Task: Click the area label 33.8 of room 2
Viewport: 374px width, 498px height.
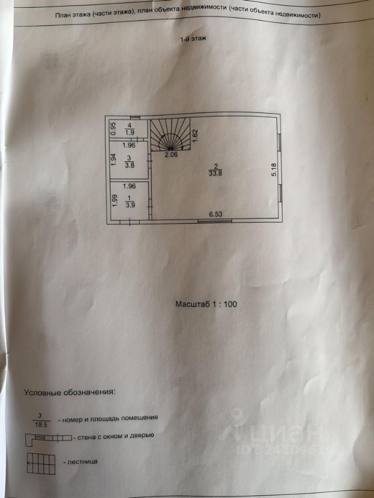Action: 213,174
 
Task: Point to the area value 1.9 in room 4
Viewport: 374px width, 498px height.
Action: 131,132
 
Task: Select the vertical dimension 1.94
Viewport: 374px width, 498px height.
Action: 113,160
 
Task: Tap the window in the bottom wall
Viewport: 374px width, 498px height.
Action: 214,222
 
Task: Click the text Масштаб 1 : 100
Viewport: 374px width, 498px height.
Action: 206,305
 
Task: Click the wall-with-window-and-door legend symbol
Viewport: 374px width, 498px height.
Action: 47,438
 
